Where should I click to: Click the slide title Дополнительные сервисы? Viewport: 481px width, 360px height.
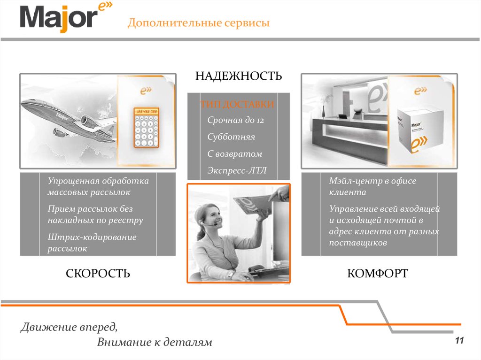pyautogui.click(x=199, y=23)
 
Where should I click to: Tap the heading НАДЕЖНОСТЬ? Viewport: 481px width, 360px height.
pyautogui.click(x=238, y=76)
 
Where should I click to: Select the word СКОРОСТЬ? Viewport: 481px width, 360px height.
pyautogui.click(x=98, y=273)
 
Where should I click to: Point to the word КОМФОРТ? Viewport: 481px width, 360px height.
pyautogui.click(x=378, y=273)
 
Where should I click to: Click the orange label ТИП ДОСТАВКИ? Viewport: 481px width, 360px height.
pyautogui.click(x=237, y=104)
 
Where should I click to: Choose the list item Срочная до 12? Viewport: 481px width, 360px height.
pyautogui.click(x=236, y=120)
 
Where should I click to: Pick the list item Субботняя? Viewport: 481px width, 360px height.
pyautogui.click(x=231, y=137)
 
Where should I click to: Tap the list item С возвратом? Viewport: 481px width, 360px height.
pyautogui.click(x=235, y=153)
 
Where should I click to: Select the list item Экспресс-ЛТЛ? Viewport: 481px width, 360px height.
pyautogui.click(x=237, y=170)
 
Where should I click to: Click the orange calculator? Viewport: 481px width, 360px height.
pyautogui.click(x=147, y=127)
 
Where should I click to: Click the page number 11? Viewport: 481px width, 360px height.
pyautogui.click(x=459, y=340)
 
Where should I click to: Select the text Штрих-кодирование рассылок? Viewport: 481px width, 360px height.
pyautogui.click(x=92, y=243)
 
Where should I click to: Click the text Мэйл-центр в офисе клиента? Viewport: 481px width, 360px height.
pyautogui.click(x=372, y=186)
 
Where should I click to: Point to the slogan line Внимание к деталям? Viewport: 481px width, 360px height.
pyautogui.click(x=155, y=342)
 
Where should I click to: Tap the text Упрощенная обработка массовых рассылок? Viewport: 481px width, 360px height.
pyautogui.click(x=98, y=186)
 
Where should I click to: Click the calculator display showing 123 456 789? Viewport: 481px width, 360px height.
pyautogui.click(x=147, y=111)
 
